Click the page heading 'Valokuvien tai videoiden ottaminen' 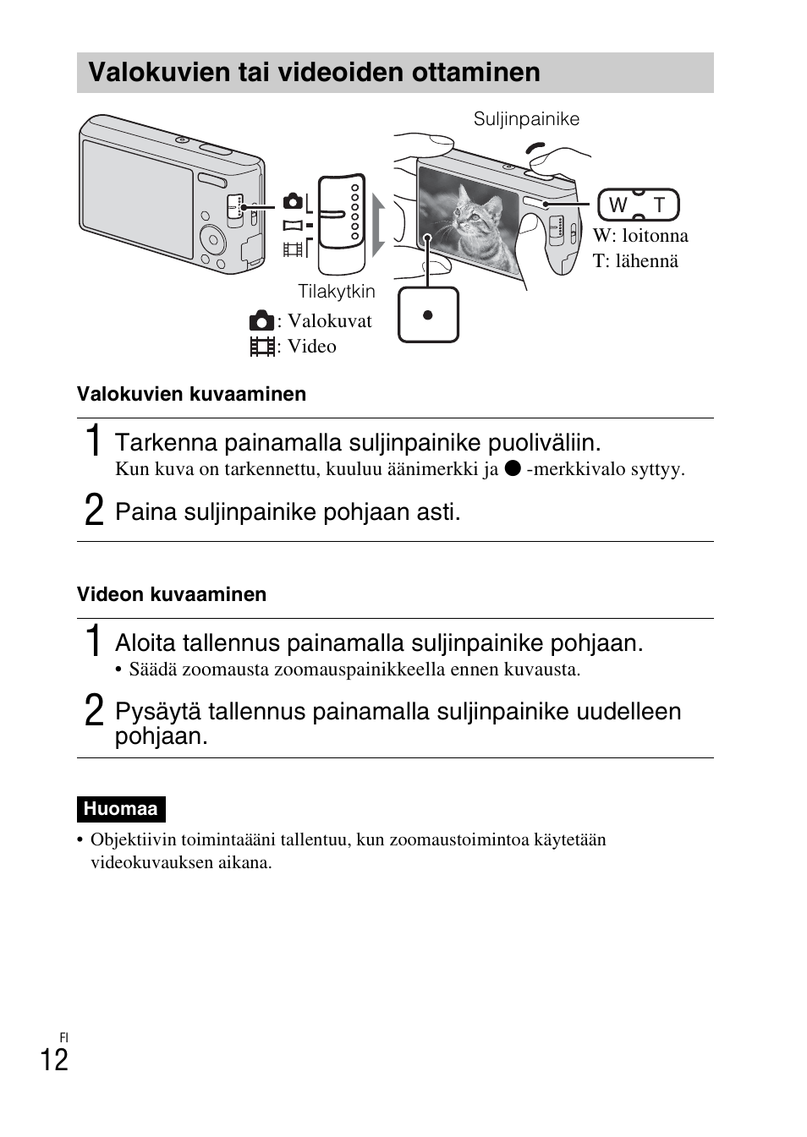click(x=314, y=73)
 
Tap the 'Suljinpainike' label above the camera click(x=526, y=119)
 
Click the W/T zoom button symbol click(x=638, y=205)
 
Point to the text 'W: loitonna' click(x=640, y=236)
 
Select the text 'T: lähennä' click(x=635, y=261)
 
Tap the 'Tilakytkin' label click(x=336, y=292)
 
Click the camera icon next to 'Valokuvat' click(x=261, y=321)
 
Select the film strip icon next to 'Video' click(x=262, y=347)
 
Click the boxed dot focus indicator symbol click(x=428, y=315)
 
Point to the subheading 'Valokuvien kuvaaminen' click(x=191, y=394)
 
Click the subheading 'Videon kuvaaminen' click(x=172, y=594)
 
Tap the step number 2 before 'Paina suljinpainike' click(x=95, y=511)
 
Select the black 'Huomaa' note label click(x=120, y=809)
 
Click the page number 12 click(x=54, y=1060)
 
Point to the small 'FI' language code click(x=63, y=1037)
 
